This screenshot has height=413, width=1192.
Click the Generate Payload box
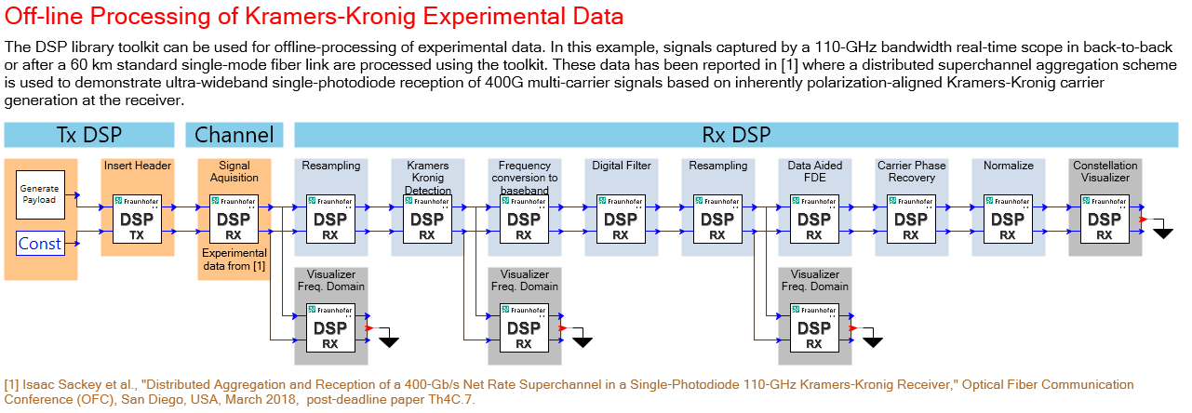point(40,194)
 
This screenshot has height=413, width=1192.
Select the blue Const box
point(40,243)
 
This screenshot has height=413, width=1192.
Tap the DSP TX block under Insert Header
point(138,220)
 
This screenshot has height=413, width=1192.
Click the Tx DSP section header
point(89,135)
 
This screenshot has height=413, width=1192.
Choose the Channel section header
point(234,135)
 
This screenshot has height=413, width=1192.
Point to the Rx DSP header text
point(736,135)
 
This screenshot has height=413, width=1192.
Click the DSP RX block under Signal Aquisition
point(234,220)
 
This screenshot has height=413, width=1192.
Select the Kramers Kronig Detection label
point(428,178)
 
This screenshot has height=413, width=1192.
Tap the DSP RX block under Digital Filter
point(621,220)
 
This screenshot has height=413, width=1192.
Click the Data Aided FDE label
point(815,171)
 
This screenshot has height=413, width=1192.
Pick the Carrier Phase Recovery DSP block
point(911,220)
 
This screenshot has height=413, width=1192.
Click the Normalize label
point(1009,166)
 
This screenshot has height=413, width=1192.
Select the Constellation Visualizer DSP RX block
point(1105,220)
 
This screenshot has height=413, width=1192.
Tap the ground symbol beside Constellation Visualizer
point(1163,233)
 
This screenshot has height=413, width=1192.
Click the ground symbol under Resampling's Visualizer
point(389,341)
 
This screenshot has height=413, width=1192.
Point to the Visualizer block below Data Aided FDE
point(815,327)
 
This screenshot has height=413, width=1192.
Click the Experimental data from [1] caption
point(234,260)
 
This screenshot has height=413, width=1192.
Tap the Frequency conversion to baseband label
point(525,178)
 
